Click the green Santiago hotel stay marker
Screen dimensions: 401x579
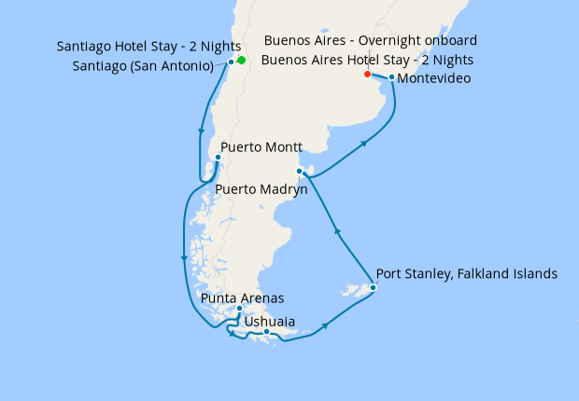(241, 61)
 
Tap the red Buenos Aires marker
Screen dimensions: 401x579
(367, 74)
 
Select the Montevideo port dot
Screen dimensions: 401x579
(391, 76)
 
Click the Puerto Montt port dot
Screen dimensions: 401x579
(217, 157)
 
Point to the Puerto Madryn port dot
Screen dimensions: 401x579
(299, 171)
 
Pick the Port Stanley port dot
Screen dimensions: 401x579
(373, 287)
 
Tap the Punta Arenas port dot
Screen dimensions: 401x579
(240, 309)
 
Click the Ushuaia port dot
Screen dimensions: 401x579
(266, 332)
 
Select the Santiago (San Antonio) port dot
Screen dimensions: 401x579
(231, 62)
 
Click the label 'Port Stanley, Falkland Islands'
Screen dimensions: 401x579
(466, 274)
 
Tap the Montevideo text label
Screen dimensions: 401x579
(433, 78)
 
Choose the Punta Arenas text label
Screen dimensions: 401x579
(242, 298)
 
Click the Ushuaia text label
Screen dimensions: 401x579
(270, 322)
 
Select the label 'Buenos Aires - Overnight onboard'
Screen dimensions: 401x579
(371, 40)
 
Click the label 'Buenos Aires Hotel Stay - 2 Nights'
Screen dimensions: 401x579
(367, 60)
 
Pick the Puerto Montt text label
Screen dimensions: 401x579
(261, 146)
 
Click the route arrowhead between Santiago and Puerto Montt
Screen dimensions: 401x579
(201, 132)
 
